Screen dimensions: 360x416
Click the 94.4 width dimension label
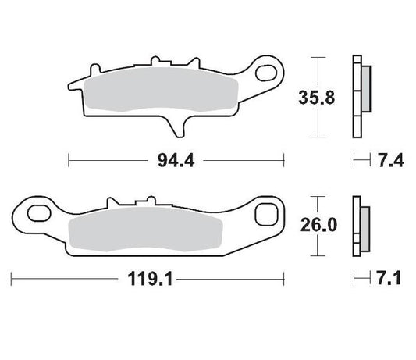coord(176,162)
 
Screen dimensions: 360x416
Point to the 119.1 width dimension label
coord(147,277)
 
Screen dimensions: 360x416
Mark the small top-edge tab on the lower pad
coord(145,201)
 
